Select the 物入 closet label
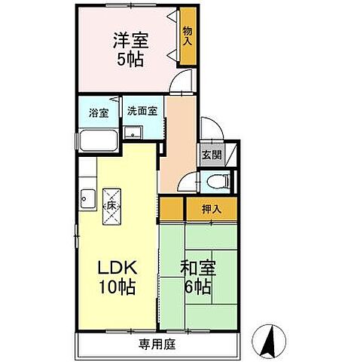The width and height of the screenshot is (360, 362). pyautogui.click(x=187, y=35)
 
